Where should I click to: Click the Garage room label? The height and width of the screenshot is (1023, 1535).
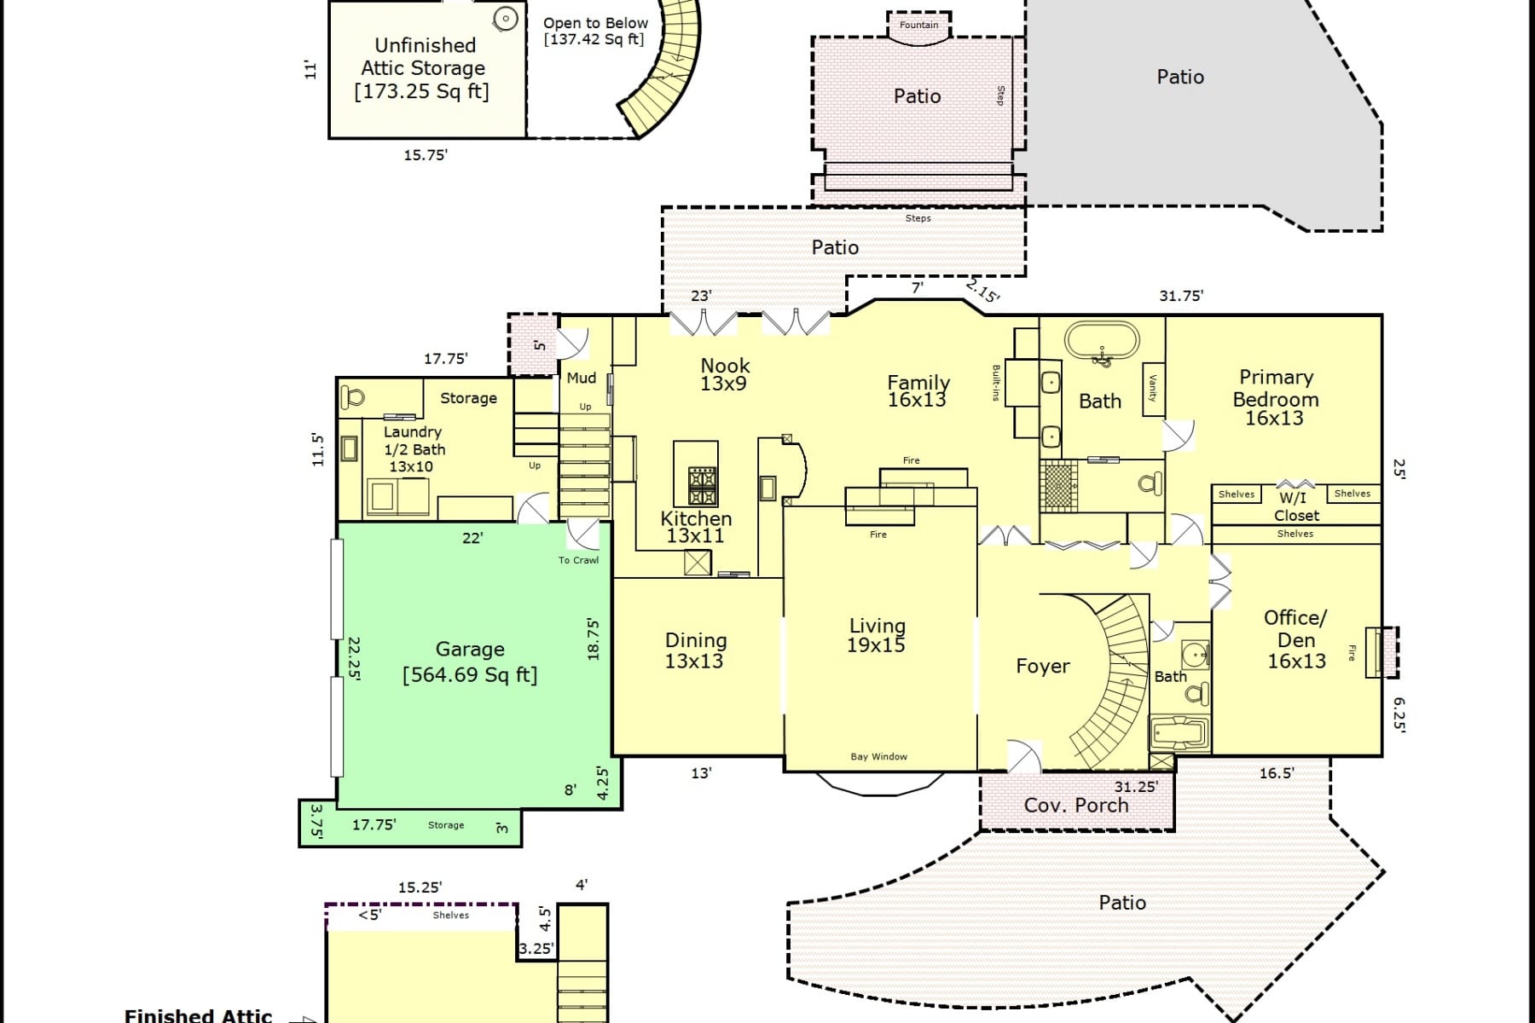coord(470,650)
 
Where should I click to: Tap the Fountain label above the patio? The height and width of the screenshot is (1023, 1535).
coord(918,25)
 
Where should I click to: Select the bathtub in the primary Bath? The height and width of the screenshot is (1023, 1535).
coord(1101,344)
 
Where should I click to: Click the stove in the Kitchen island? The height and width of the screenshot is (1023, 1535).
coord(702,486)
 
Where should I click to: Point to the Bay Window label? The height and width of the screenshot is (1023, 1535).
coord(878,756)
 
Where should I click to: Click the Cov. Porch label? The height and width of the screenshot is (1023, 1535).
coord(1075,805)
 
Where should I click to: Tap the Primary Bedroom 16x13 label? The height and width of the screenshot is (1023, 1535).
coord(1275,397)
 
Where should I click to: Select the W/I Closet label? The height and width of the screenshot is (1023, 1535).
coord(1295,506)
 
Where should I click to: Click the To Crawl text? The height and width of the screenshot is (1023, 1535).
coord(578,560)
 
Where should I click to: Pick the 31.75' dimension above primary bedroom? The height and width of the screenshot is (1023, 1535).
coord(1180,296)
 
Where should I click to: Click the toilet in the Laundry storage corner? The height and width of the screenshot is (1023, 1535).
coord(352,396)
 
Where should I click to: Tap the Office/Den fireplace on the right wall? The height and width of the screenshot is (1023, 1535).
coord(1381,652)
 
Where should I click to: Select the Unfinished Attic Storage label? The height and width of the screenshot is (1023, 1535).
coord(423,68)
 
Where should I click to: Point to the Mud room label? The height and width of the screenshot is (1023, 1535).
coord(581,378)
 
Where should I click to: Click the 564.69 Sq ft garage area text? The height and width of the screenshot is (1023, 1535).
coord(470,675)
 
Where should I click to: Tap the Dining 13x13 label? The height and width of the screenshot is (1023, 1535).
coord(695,650)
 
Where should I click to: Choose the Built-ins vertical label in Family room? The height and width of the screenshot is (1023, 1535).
coord(995,383)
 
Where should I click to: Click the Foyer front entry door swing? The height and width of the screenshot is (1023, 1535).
coord(1024,755)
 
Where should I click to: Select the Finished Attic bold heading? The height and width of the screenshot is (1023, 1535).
coord(198,1015)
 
